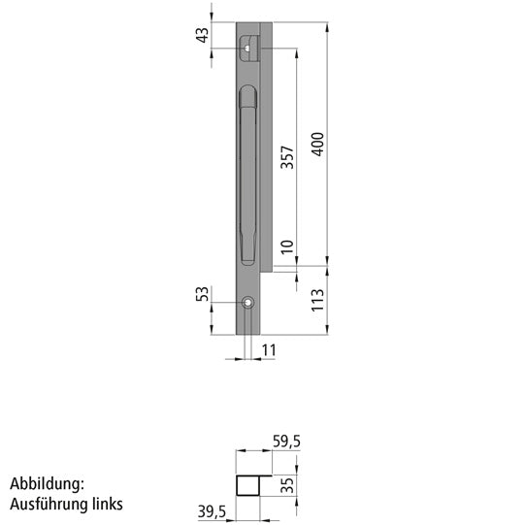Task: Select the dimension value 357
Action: pos(287,158)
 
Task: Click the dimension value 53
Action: pos(202,293)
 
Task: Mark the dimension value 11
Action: pos(270,347)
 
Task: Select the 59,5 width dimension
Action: pos(286,442)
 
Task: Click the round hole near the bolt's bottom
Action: pos(249,303)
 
